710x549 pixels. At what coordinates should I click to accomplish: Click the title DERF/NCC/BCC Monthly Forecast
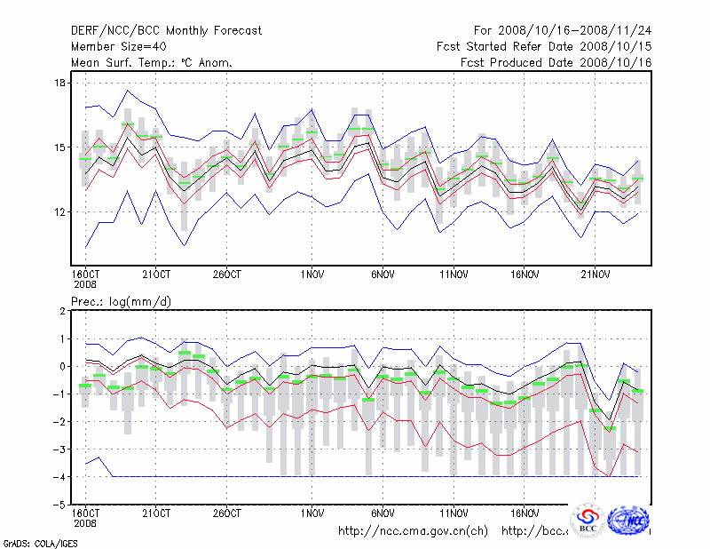[167, 31]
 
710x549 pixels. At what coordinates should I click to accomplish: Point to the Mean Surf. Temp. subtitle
[152, 63]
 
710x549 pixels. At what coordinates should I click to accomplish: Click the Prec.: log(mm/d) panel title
[122, 302]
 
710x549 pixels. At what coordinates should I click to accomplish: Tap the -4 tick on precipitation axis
[59, 477]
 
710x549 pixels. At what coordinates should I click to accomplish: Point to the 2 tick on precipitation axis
[62, 311]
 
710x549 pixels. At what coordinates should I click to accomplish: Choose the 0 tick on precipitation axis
[62, 366]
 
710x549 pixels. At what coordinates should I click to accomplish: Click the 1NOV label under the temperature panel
[312, 274]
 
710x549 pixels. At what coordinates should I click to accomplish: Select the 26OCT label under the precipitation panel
[226, 513]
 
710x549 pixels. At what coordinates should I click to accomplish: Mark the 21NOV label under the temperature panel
[596, 274]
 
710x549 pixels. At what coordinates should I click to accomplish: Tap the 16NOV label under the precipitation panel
[525, 513]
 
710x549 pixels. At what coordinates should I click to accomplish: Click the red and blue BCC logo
[588, 521]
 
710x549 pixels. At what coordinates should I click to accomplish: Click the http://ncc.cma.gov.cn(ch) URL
[414, 531]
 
